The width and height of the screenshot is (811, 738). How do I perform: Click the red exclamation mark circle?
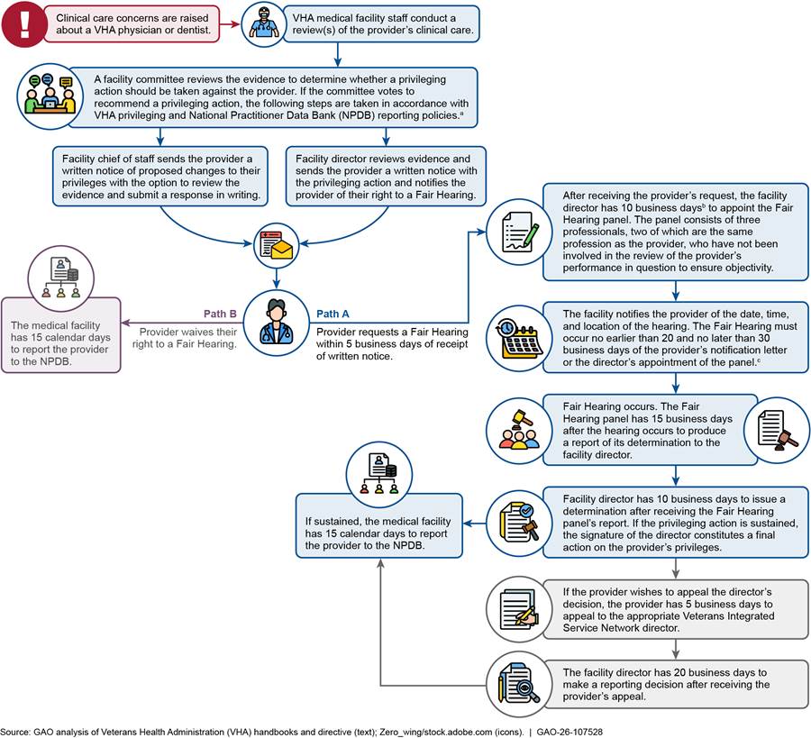pos(24,24)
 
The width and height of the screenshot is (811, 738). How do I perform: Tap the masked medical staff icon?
pos(264,24)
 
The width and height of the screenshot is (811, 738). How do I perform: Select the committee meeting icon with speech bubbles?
pos(50,96)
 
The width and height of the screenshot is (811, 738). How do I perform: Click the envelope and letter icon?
pos(277,244)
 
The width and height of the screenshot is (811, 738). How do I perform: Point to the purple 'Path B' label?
pos(220,314)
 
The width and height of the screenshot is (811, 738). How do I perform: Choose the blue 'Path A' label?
pos(333,314)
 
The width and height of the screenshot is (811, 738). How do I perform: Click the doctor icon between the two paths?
pos(277,323)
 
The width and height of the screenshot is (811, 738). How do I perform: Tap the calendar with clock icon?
pos(519,338)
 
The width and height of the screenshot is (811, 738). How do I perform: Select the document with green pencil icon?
pos(519,232)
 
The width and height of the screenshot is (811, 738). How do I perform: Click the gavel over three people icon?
pos(519,431)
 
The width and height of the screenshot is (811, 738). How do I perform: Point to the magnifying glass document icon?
pos(519,684)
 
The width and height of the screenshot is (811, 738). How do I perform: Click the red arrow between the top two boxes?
pos(230,23)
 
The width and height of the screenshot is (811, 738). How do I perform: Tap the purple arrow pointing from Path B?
pos(181,323)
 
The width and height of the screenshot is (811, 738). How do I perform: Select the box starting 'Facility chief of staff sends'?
pos(160,177)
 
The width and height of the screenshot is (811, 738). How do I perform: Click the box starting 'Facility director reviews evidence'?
pos(386,177)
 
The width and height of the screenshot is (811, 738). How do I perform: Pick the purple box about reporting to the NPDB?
pos(61,335)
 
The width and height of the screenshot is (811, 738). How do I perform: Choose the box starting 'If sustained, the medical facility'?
pos(379,525)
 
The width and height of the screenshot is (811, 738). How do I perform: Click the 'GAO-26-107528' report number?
pos(570,732)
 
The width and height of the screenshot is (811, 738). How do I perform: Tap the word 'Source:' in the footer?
pos(15,732)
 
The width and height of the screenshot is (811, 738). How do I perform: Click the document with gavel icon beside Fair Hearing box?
pos(777,431)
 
